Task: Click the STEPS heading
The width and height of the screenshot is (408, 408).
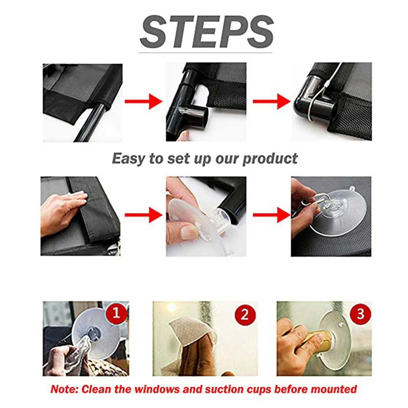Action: tap(206, 32)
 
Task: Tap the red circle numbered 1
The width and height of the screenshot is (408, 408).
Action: tap(116, 313)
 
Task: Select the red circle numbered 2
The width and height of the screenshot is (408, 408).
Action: tap(245, 315)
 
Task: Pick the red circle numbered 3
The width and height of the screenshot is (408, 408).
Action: tap(360, 314)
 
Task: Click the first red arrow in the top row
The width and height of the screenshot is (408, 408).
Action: tap(143, 101)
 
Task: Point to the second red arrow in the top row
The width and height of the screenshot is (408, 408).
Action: tap(271, 101)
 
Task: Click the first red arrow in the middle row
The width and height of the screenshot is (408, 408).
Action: tap(143, 215)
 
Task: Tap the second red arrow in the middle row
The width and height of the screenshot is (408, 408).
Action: tap(271, 215)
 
